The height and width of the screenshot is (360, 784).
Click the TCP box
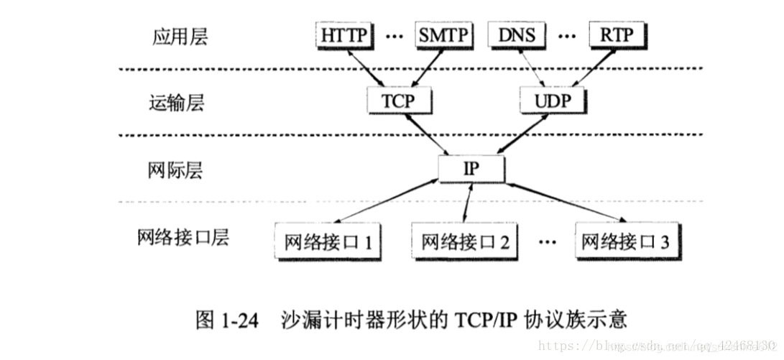397,101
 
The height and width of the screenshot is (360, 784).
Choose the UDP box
552,101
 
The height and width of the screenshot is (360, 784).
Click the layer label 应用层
180,37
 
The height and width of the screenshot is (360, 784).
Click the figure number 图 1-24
226,320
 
